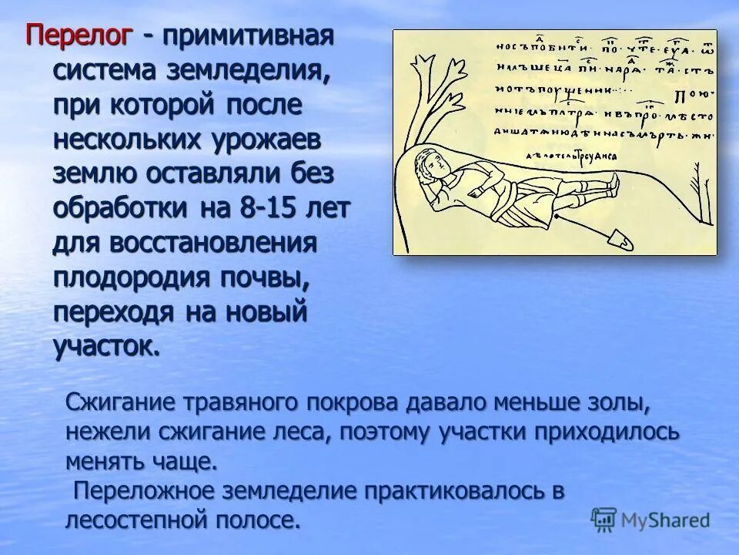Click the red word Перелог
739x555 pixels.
click(x=80, y=35)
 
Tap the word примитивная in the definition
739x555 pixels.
click(x=246, y=35)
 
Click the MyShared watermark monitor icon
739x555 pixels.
click(x=604, y=520)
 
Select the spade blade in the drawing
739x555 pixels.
click(x=622, y=241)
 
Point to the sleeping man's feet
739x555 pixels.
click(x=610, y=182)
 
